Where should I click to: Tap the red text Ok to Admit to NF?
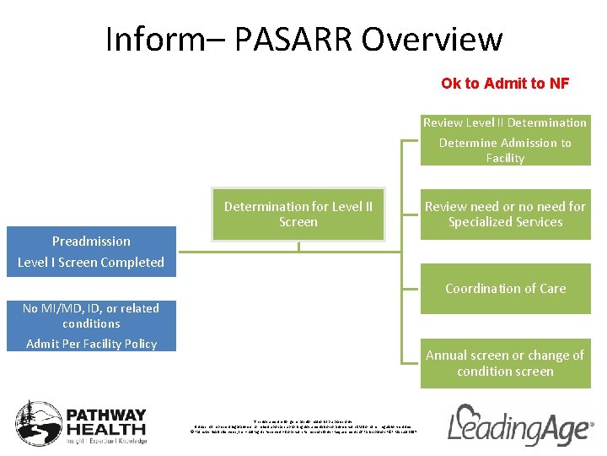505,84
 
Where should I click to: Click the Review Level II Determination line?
505,122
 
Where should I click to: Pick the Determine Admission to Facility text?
505,150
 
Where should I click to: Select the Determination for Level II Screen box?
298,214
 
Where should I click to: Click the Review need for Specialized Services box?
505,214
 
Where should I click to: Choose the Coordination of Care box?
505,288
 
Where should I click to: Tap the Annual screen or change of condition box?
505,363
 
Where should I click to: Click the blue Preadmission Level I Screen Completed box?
91,252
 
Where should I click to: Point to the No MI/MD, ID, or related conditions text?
91,316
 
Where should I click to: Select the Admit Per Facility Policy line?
91,343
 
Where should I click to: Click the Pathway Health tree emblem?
37,422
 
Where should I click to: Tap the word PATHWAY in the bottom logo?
106,415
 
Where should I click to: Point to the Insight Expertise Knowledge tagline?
106,441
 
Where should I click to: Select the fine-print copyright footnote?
303,426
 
